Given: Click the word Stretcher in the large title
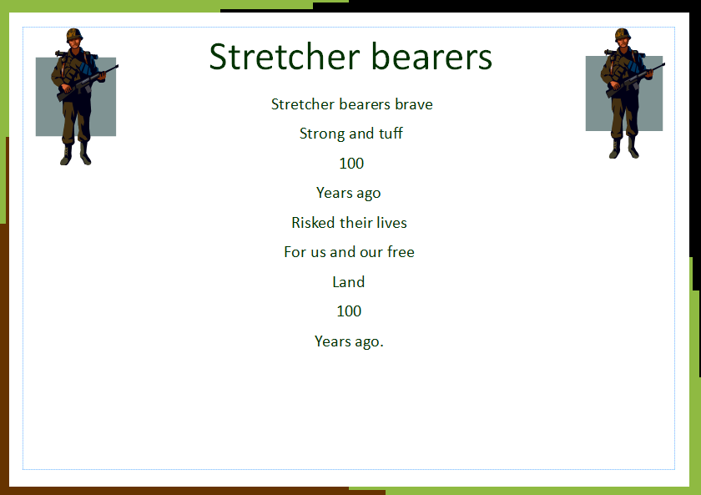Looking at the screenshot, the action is click(x=285, y=57).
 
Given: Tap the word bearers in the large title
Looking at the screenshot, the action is click(x=431, y=57).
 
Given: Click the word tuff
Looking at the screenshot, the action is click(x=391, y=134).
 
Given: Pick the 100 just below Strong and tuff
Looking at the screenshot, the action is click(x=351, y=164).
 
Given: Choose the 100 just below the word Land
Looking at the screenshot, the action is click(x=349, y=311).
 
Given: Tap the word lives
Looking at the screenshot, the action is click(x=391, y=222).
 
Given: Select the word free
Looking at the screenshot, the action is click(x=401, y=252).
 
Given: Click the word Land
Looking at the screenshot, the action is click(x=349, y=281).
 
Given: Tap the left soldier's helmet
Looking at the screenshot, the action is click(x=74, y=34).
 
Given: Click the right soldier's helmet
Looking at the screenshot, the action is click(x=623, y=34).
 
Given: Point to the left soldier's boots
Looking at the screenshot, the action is click(x=76, y=154).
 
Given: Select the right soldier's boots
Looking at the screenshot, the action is click(x=624, y=149).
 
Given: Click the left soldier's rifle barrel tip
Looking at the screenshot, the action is click(x=118, y=66).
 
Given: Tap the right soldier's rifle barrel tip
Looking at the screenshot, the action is click(x=664, y=64).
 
